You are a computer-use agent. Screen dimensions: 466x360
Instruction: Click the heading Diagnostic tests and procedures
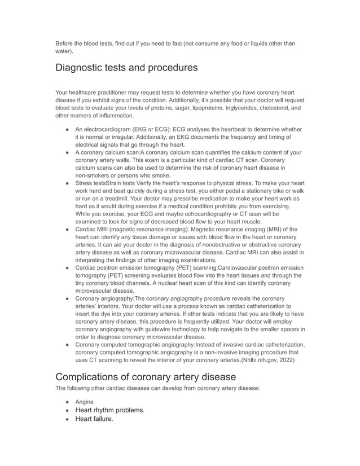pos(126,68)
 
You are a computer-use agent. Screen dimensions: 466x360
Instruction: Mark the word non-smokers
pos(94,175)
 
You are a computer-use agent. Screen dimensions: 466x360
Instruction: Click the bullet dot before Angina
pos(67,402)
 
